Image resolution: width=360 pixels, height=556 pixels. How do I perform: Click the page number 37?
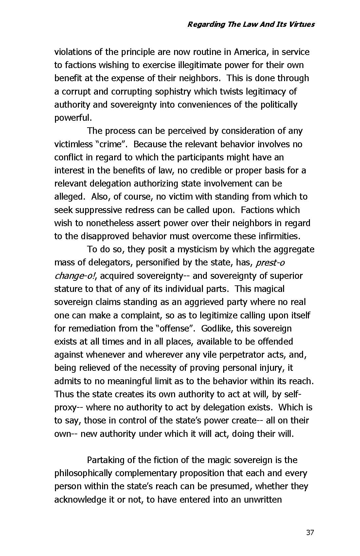[310, 533]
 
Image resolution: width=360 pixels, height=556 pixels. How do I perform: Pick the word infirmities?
[275, 236]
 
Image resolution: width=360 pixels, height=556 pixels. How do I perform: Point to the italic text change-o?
[75, 276]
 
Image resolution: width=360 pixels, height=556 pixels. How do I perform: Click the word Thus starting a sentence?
[64, 394]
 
